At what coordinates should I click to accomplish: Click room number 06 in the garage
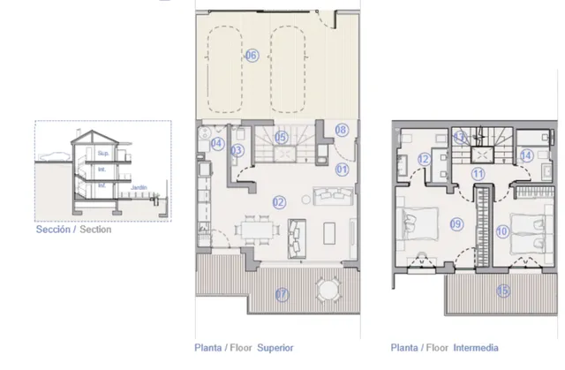coord(252,56)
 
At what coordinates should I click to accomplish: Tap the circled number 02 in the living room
coord(279,202)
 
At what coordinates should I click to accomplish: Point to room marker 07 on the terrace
coord(281,293)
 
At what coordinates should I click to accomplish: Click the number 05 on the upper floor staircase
coord(280,137)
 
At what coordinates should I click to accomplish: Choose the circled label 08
coord(342,130)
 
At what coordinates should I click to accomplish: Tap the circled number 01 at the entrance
coord(342,169)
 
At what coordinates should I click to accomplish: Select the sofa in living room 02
coord(294,232)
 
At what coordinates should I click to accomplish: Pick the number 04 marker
coord(216,143)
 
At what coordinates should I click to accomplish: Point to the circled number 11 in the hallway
coord(478,174)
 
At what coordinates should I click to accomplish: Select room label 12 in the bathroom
coord(424,159)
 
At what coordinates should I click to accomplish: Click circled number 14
coord(525,155)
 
